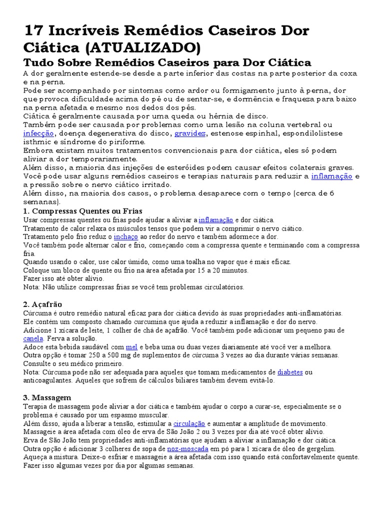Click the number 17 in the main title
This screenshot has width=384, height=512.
33,31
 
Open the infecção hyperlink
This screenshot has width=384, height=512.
38,133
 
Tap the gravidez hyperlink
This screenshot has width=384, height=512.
190,133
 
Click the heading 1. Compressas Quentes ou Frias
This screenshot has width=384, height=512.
82,211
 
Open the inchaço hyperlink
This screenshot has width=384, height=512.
125,236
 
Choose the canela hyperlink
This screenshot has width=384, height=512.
33,338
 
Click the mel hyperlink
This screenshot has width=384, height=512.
132,347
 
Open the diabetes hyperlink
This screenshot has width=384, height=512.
290,372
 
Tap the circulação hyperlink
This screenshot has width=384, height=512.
189,423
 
